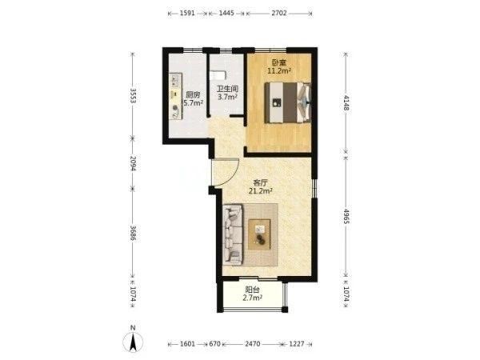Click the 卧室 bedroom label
pyautogui.click(x=279, y=63)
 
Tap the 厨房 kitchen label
pyautogui.click(x=192, y=94)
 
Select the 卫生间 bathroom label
pyautogui.click(x=227, y=89)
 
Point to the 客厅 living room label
pyautogui.click(x=261, y=183)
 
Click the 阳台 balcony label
pyautogui.click(x=252, y=290)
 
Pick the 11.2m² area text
pyautogui.click(x=279, y=71)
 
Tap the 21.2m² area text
pyautogui.click(x=261, y=191)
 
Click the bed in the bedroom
pyautogui.click(x=288, y=102)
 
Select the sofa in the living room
pyautogui.click(x=233, y=234)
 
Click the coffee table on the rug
pyautogui.click(x=259, y=234)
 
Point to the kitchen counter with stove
pyautogui.click(x=176, y=96)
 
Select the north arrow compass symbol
pyautogui.click(x=133, y=340)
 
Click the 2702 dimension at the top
pyautogui.click(x=279, y=13)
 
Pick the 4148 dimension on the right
pyautogui.click(x=346, y=103)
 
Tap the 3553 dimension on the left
pyautogui.click(x=133, y=96)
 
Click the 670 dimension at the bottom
pyautogui.click(x=214, y=344)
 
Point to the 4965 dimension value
pyautogui.click(x=346, y=217)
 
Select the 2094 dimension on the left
pyautogui.click(x=133, y=163)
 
